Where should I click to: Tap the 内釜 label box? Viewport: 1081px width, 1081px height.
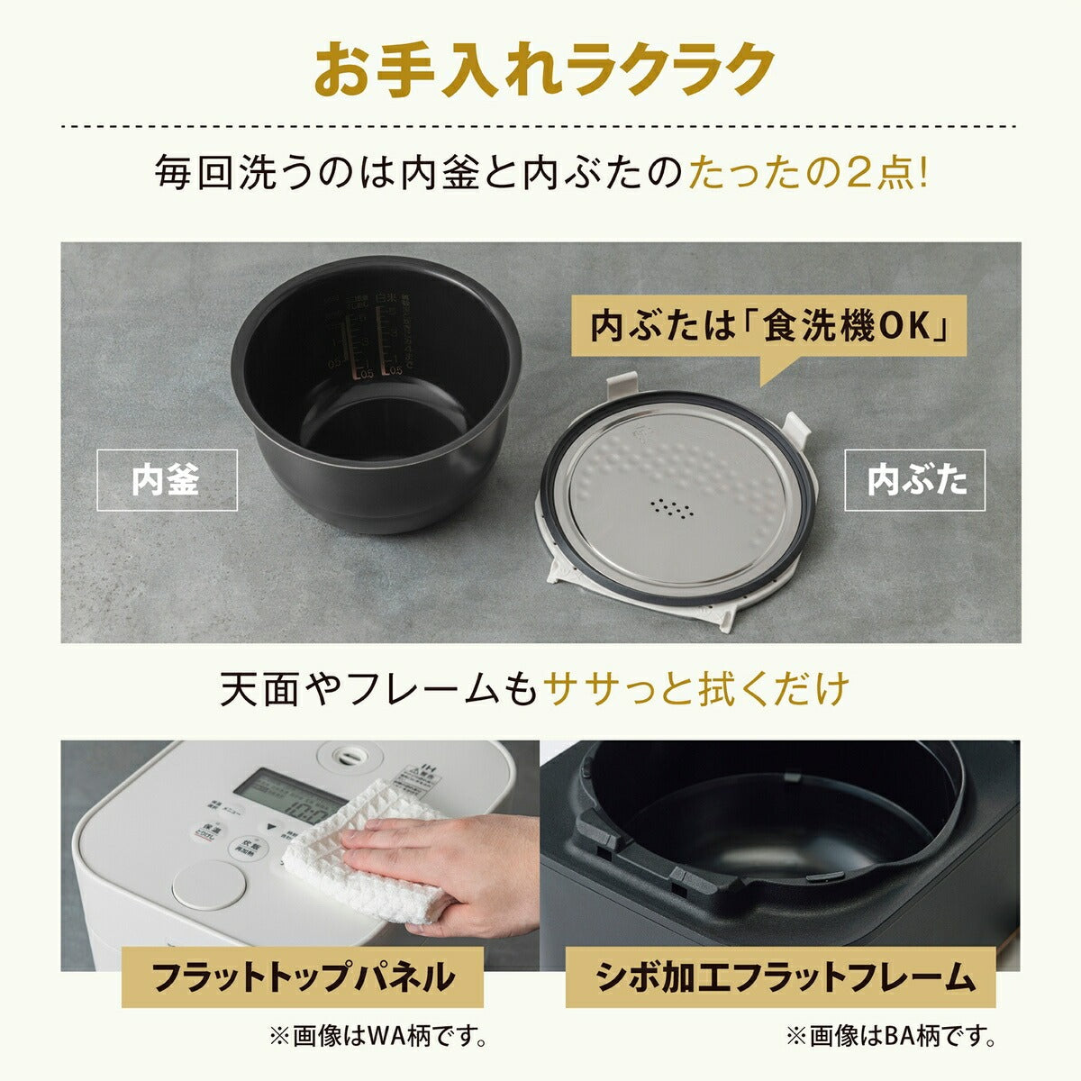(167, 480)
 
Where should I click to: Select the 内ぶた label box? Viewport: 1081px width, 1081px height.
(914, 480)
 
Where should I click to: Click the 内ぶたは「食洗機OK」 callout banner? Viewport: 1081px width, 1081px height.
(768, 325)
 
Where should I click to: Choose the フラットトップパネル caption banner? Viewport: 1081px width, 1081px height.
(302, 976)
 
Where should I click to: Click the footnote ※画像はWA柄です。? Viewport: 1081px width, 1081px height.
(377, 1037)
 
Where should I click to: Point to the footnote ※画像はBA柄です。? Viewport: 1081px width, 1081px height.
(891, 1037)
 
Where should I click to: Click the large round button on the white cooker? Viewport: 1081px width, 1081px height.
(206, 884)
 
